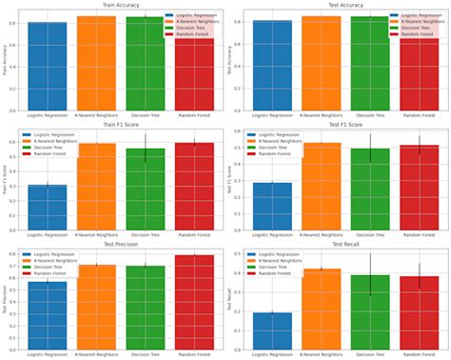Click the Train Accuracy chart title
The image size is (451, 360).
point(119,4)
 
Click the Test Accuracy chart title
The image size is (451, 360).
point(346,4)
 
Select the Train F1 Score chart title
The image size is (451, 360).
point(119,126)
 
